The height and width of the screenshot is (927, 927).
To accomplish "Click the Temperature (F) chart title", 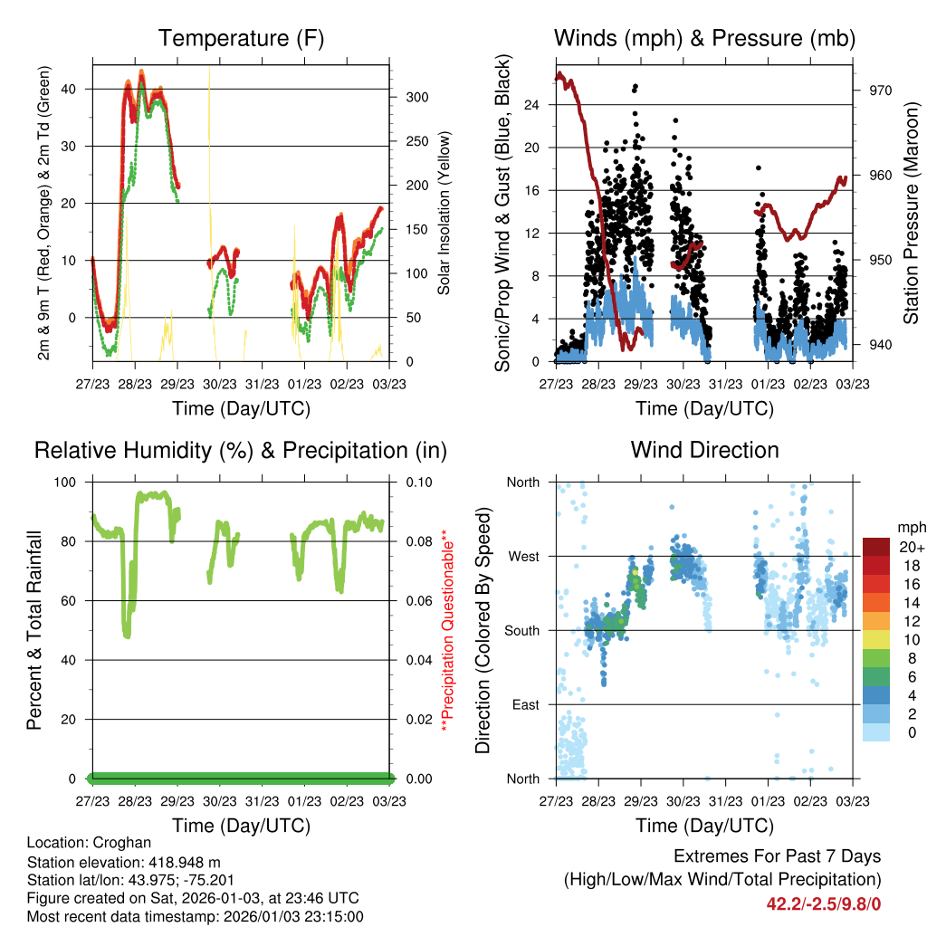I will click(241, 38).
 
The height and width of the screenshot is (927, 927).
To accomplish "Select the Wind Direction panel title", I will click(704, 450).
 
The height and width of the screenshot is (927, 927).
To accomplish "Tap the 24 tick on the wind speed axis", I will click(532, 105).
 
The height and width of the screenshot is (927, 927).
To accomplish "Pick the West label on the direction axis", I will click(522, 556).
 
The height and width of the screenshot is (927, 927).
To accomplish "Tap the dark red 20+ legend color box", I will click(877, 547).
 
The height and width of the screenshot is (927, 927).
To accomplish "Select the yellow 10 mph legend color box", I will click(877, 639).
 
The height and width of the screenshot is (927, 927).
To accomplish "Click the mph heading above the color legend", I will click(909, 527).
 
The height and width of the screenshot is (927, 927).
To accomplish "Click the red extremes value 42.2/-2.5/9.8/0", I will click(824, 903).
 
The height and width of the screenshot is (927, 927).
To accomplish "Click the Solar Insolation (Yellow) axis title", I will click(444, 213).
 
